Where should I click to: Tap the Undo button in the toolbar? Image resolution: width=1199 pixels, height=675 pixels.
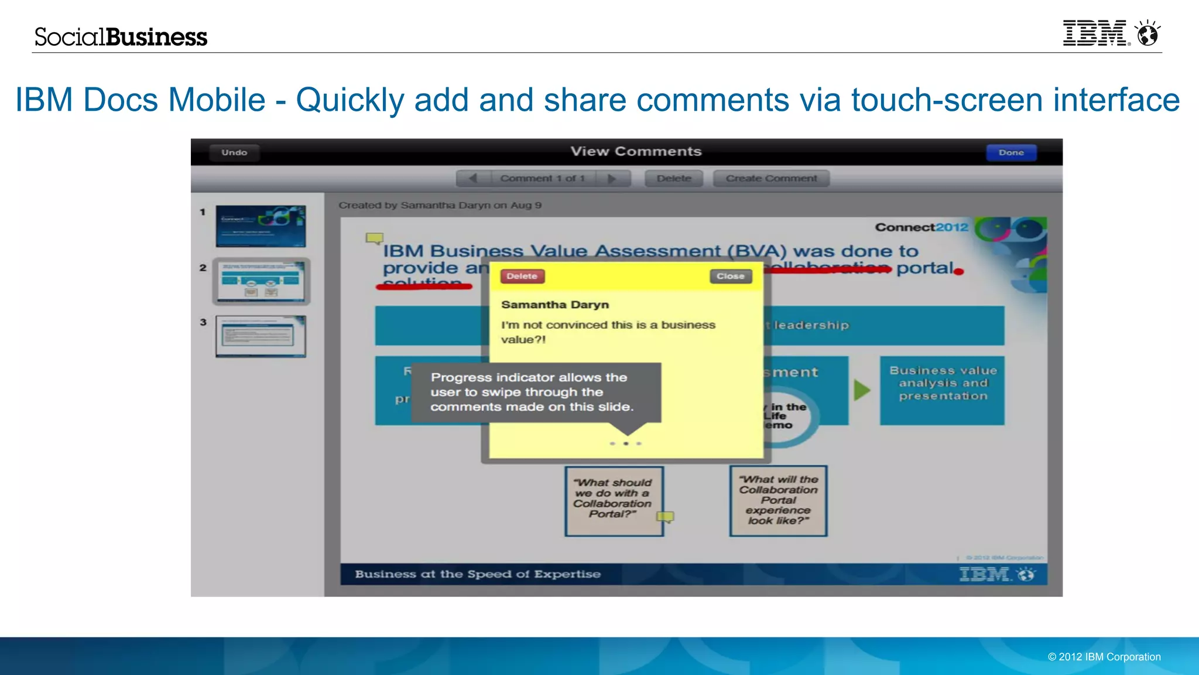(x=234, y=152)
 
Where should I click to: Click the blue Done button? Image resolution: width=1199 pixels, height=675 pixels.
(x=1011, y=152)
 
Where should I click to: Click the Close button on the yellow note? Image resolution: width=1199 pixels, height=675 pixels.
(x=730, y=276)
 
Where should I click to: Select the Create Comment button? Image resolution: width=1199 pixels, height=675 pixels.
(x=771, y=178)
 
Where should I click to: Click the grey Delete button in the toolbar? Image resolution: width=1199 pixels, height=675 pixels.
(x=673, y=178)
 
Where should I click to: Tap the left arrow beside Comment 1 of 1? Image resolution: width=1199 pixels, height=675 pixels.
(x=473, y=178)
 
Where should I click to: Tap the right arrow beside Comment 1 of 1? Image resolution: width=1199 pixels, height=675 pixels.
(x=612, y=178)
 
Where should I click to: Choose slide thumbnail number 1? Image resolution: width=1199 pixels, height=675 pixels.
(x=261, y=226)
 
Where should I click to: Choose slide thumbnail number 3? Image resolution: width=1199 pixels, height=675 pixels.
(x=261, y=336)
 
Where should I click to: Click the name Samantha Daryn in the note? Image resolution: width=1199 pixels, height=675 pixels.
(x=555, y=305)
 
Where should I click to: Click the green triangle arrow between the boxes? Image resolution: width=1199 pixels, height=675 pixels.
(x=861, y=390)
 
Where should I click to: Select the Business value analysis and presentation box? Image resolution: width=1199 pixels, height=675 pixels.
(x=942, y=390)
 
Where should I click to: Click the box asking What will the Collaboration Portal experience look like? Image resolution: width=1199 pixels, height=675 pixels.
(x=778, y=500)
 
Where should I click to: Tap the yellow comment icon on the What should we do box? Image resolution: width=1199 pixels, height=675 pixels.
(x=665, y=516)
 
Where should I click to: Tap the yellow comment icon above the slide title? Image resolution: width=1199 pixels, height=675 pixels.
(x=374, y=238)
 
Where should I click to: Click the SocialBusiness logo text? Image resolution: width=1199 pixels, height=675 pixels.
(x=121, y=37)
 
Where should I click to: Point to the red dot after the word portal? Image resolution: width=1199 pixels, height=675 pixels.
(x=958, y=271)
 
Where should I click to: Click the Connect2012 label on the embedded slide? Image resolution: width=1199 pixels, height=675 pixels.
(x=921, y=227)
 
